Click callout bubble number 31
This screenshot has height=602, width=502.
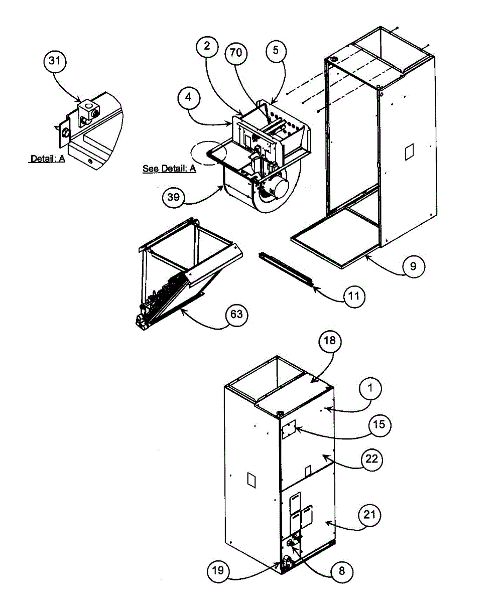point(56,62)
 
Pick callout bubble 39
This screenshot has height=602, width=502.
point(173,197)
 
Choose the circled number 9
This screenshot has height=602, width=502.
point(413,266)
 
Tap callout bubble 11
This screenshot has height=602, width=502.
point(354,296)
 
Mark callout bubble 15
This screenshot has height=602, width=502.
point(379,424)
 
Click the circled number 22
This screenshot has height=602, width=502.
point(372,459)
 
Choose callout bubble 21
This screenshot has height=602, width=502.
point(370,515)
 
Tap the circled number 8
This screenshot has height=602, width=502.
point(341,570)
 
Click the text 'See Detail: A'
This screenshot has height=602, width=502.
point(169,169)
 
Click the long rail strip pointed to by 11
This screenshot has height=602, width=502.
point(286,270)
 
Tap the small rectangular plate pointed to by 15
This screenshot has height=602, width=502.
point(288,431)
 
